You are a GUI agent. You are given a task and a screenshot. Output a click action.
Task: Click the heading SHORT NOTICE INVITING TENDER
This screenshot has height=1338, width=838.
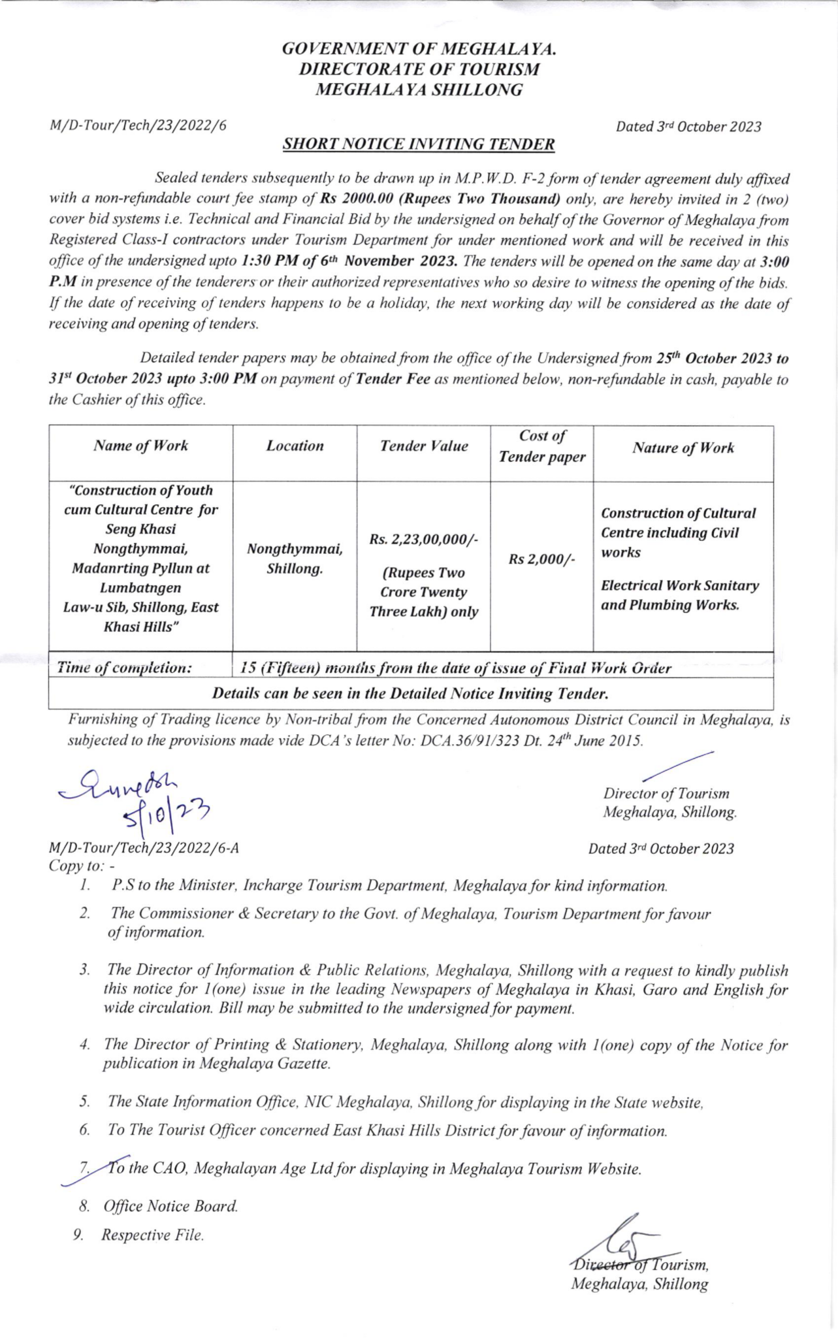tap(418, 144)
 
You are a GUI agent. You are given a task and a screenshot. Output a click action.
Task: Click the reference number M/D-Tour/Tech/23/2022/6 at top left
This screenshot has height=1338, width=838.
tap(138, 126)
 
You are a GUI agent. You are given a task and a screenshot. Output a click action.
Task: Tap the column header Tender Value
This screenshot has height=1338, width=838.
tap(423, 446)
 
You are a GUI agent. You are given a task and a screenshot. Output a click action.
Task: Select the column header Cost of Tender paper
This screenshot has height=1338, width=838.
tap(541, 446)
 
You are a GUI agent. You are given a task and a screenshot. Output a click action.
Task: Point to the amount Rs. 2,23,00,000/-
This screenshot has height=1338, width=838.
tap(423, 540)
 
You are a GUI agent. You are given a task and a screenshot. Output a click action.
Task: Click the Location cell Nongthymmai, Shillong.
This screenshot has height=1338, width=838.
tap(295, 559)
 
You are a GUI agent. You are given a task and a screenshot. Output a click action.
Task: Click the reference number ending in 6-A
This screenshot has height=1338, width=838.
tap(144, 848)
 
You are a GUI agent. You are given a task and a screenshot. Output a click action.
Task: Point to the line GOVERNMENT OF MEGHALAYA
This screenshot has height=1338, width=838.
tap(418, 49)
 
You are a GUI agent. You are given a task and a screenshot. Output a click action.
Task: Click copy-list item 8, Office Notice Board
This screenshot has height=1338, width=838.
tap(169, 1206)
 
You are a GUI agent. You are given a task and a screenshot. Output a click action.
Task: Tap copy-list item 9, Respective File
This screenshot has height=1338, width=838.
tap(152, 1235)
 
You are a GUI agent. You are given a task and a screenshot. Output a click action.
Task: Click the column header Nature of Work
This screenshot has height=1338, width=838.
tap(683, 448)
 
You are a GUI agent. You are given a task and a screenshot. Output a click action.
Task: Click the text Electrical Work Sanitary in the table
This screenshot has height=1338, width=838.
tap(679, 585)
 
